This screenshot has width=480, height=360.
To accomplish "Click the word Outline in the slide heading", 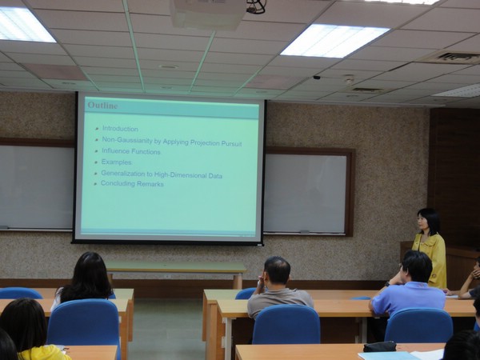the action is pyautogui.click(x=102, y=106).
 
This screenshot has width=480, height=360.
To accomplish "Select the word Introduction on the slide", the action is pyautogui.click(x=120, y=129).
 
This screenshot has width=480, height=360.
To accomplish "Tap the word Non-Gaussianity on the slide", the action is pyautogui.click(x=127, y=140).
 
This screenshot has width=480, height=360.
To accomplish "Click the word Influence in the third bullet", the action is pyautogui.click(x=114, y=150).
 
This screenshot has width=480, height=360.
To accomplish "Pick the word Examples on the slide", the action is pyautogui.click(x=116, y=162).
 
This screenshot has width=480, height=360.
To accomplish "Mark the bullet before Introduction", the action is pyautogui.click(x=97, y=129).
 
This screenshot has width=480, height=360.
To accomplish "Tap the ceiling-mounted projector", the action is pyautogui.click(x=208, y=14).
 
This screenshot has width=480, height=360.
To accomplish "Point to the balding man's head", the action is pyautogui.click(x=277, y=271).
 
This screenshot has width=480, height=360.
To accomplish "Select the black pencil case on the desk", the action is pyautogui.click(x=379, y=346).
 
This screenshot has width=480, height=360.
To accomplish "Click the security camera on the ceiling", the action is pyautogui.click(x=317, y=78).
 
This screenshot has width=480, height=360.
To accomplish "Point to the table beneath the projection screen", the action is pyautogui.click(x=176, y=268).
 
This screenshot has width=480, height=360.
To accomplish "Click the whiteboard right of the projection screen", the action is pyautogui.click(x=306, y=193).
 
